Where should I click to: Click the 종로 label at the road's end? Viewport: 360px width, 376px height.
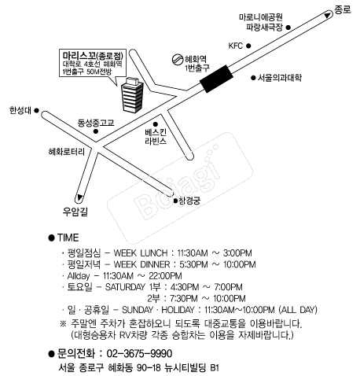(343, 9)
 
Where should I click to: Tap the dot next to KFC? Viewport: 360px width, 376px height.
(248, 46)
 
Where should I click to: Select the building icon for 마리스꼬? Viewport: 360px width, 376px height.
(133, 95)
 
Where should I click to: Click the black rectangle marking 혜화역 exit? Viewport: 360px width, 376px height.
(216, 79)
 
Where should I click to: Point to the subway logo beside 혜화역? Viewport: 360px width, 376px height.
(178, 59)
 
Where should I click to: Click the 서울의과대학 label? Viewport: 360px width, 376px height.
(280, 78)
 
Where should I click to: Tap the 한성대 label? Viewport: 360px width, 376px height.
(20, 110)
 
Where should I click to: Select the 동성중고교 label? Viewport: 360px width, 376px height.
(96, 123)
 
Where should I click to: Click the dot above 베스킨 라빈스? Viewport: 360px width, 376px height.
(156, 124)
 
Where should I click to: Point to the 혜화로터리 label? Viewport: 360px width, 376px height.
(67, 151)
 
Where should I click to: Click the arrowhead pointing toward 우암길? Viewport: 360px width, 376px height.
(79, 197)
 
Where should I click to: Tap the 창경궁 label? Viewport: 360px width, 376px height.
(189, 201)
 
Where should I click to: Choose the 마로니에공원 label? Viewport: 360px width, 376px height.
(261, 17)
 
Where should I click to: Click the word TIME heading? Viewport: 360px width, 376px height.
(68, 238)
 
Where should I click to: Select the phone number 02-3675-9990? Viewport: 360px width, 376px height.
(139, 354)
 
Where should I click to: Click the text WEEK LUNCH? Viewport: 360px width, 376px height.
(141, 253)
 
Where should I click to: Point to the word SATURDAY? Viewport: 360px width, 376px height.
(125, 287)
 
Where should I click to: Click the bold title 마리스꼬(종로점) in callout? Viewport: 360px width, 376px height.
(93, 56)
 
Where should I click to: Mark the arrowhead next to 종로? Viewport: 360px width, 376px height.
(327, 15)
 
